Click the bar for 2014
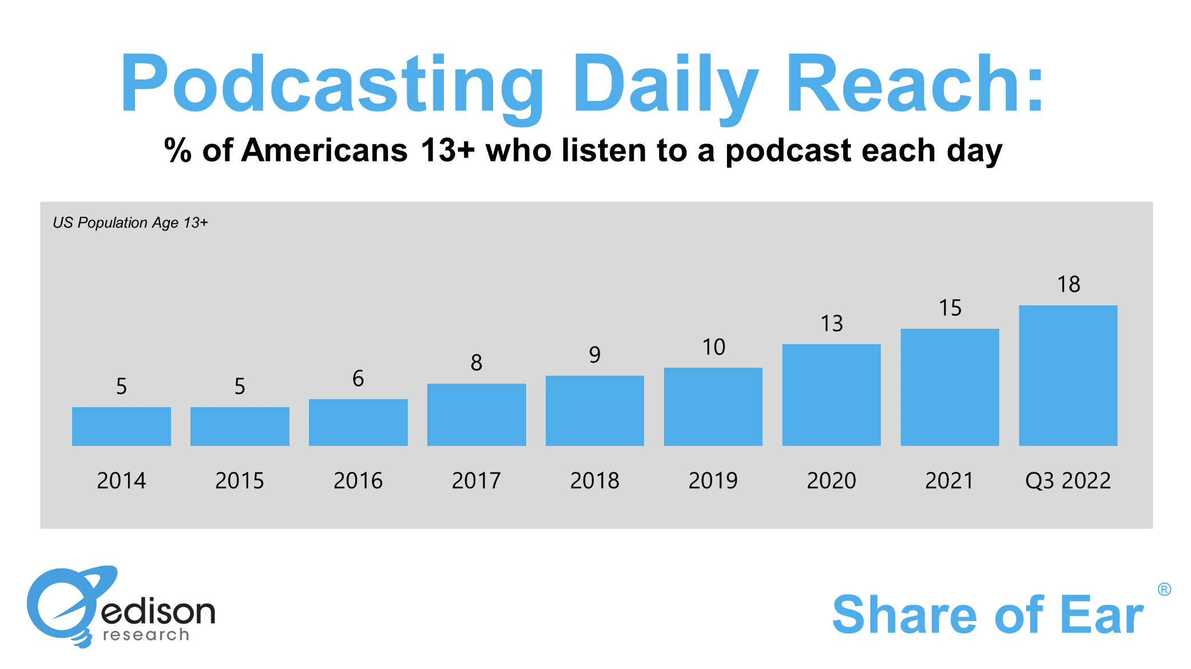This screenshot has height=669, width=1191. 121,426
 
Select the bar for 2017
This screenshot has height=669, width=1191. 477,414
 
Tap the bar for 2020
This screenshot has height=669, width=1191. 831,395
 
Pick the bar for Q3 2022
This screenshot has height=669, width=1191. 1068,375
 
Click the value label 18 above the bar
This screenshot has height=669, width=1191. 1068,284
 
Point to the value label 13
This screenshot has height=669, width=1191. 832,324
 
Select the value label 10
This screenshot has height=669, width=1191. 713,347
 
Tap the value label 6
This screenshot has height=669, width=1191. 358,378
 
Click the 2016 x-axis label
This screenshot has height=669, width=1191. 358,480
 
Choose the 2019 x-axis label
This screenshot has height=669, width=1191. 713,480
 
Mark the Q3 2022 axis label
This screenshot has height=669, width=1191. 1067,480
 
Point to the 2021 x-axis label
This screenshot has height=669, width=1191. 949,480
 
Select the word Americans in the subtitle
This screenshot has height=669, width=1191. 324,150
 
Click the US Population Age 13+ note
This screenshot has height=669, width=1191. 130,222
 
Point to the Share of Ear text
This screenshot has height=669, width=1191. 987,615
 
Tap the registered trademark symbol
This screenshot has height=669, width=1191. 1164,589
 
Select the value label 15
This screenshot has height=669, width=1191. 950,308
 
